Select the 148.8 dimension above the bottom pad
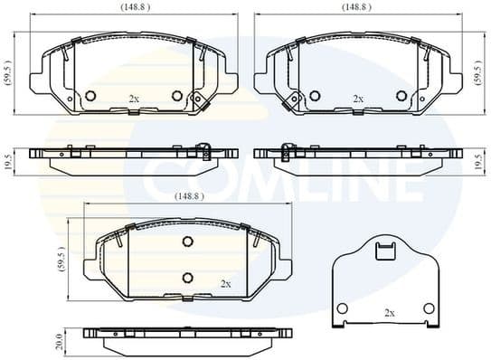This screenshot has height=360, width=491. pyautogui.click(x=188, y=194)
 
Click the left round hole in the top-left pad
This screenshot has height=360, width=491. pyautogui.click(x=90, y=97)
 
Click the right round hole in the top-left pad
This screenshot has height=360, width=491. pyautogui.click(x=177, y=97)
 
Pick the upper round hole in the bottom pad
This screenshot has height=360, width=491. pyautogui.click(x=188, y=242)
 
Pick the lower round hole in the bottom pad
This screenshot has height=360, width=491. pyautogui.click(x=188, y=277)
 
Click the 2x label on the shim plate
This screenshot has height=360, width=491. pyautogui.click(x=390, y=313)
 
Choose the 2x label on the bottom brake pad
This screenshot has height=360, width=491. pyautogui.click(x=226, y=283)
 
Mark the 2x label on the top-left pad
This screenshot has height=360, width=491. pyautogui.click(x=134, y=99)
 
